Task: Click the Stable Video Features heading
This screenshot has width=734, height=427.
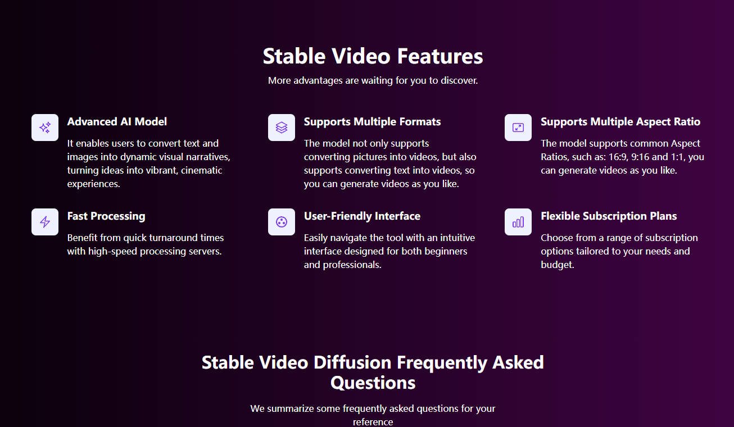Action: pyautogui.click(x=373, y=56)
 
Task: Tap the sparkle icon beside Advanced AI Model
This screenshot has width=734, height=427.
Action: pyautogui.click(x=45, y=128)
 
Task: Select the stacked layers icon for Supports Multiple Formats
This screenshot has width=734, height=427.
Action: pyautogui.click(x=282, y=128)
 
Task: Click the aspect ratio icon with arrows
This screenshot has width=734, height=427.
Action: pyautogui.click(x=518, y=128)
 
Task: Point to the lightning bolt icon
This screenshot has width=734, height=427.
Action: pyautogui.click(x=45, y=222)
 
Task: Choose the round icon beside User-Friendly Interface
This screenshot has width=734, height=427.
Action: pyautogui.click(x=282, y=222)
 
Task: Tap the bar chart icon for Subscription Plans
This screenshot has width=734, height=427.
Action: pyautogui.click(x=518, y=222)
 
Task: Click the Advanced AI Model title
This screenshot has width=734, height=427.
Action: pyautogui.click(x=117, y=122)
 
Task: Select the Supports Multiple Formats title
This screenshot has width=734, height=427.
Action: pyautogui.click(x=372, y=122)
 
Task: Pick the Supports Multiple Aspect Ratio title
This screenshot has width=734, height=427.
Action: pyautogui.click(x=620, y=122)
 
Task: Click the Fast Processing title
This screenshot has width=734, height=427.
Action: pyautogui.click(x=106, y=216)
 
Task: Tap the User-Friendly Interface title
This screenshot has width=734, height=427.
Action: pyautogui.click(x=362, y=216)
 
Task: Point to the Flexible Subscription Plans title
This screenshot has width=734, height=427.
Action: pyautogui.click(x=609, y=216)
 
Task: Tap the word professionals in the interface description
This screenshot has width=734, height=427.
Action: pyautogui.click(x=352, y=265)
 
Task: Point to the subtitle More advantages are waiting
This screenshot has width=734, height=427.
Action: pyautogui.click(x=373, y=80)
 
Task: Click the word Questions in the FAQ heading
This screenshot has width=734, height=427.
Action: pyautogui.click(x=373, y=383)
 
